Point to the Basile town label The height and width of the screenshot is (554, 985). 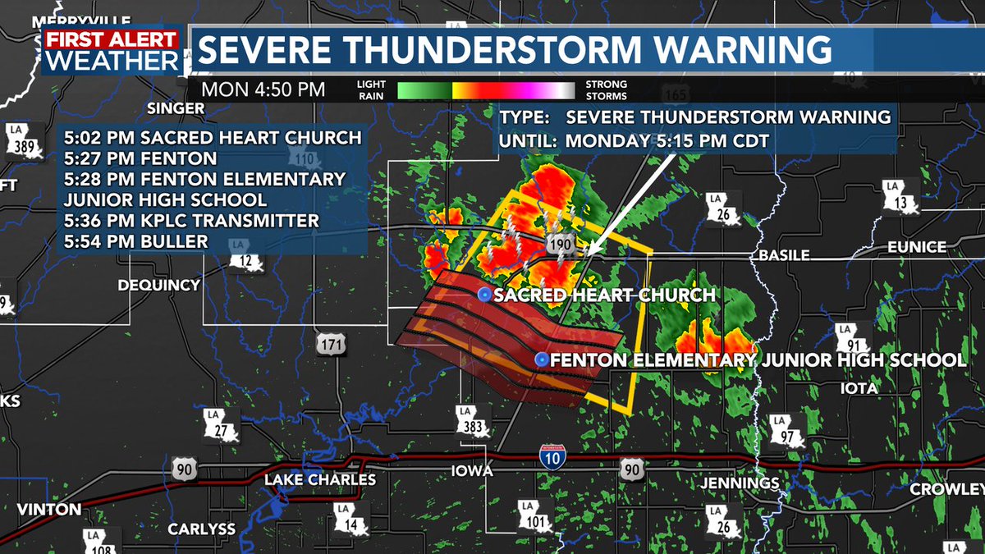pyautogui.click(x=783, y=254)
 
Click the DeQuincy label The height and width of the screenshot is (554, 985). pyautogui.click(x=159, y=285)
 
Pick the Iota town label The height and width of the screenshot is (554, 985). pyautogui.click(x=859, y=387)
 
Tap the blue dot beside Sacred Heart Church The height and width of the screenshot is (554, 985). pyautogui.click(x=484, y=295)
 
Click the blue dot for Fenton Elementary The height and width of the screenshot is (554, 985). pyautogui.click(x=542, y=359)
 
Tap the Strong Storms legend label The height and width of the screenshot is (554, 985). pyautogui.click(x=607, y=89)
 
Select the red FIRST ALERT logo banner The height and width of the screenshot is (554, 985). pyautogui.click(x=111, y=39)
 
